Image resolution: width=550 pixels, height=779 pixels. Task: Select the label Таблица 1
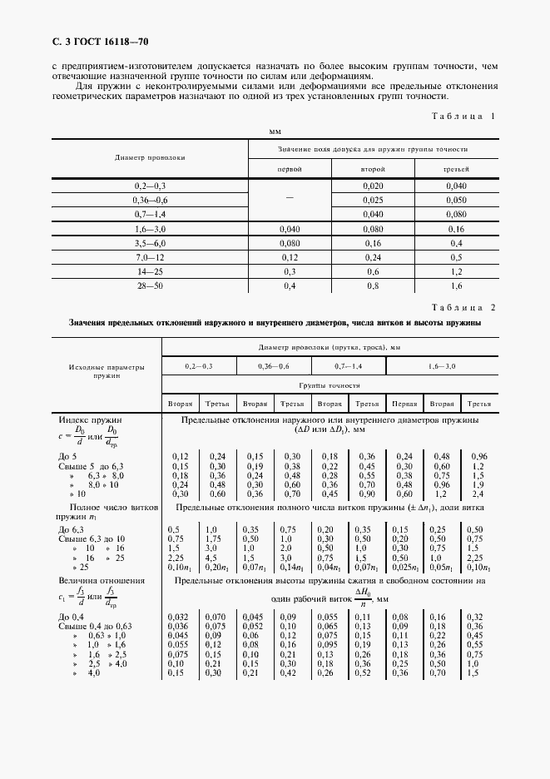461,117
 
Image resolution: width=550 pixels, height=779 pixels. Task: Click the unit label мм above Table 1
275,132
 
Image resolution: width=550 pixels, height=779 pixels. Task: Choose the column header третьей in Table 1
455,168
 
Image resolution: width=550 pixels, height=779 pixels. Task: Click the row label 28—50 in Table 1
151,285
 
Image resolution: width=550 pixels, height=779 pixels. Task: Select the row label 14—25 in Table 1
151,271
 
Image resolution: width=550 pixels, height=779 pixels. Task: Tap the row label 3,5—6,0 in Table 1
151,242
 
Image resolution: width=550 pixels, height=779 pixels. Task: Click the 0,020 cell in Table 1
373,185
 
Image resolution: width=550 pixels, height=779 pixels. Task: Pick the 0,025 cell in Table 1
373,200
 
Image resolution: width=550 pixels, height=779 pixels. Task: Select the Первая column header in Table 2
405,404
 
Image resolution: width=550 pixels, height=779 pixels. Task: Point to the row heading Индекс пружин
90,421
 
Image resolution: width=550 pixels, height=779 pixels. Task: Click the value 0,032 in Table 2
178,617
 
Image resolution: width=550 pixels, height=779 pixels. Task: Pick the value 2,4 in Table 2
478,494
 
